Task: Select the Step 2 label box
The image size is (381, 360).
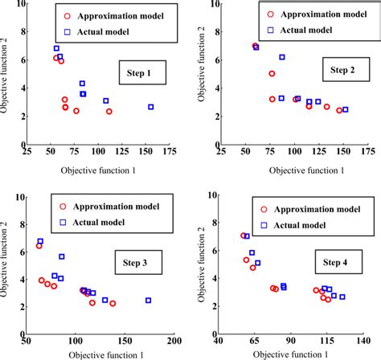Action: pos(338,71)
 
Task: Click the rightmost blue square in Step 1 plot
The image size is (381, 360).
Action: pos(150,107)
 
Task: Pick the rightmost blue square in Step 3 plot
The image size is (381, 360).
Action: pos(148,300)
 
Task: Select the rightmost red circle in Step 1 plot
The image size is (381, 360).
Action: pos(109,112)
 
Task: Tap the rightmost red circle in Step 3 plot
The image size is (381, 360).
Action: pos(113,304)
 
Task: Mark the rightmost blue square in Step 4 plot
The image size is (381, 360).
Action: pos(342,297)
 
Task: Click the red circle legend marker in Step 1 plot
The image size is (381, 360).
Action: pos(69,14)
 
